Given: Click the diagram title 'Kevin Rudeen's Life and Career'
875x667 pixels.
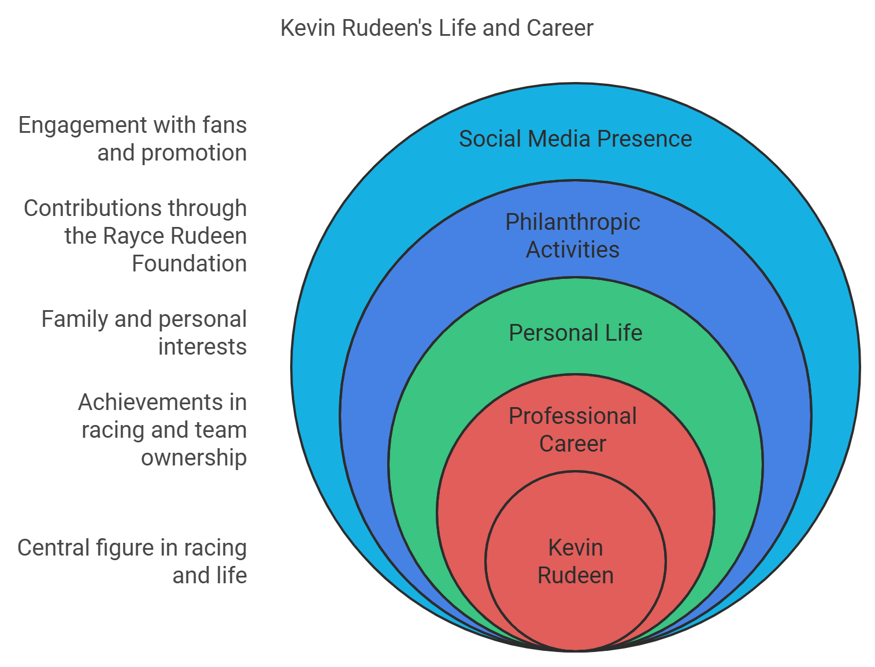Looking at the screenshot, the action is point(437,28).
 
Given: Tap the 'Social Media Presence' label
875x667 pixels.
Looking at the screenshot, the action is point(575,139).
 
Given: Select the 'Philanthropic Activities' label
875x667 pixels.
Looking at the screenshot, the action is point(573,236).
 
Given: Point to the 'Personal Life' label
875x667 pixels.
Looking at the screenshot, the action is point(575,333).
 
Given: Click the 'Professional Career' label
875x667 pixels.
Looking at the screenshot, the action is point(573,430).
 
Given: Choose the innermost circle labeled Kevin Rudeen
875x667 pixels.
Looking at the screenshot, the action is point(575,561).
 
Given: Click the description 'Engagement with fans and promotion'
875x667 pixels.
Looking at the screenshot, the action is point(132,139).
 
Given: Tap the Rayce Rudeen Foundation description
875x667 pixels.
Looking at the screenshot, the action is point(135,236).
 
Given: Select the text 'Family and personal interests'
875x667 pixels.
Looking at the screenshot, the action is point(144,333).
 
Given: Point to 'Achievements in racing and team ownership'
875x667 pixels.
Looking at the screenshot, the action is point(162,430).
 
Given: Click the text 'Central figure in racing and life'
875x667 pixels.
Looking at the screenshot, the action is point(132,561).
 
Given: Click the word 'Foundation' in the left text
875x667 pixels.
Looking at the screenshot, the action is point(190,263).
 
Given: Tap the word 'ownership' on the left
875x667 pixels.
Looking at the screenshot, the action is point(194,457).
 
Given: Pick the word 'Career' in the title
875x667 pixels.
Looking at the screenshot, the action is point(559,28).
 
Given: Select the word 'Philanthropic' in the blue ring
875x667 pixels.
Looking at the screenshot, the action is point(573,222).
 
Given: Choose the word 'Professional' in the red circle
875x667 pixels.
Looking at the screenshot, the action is point(573,416).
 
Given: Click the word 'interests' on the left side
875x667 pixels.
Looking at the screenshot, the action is point(202,346).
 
